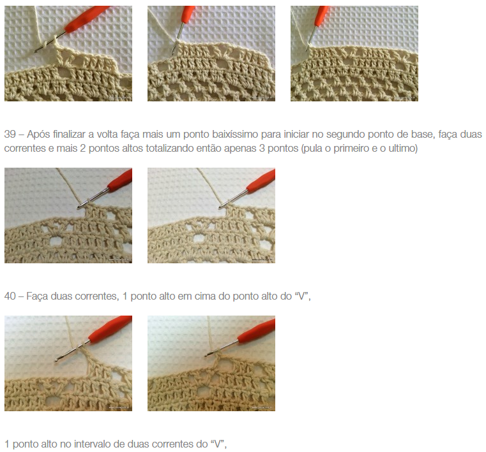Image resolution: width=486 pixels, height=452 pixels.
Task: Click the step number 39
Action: pyautogui.click(x=10, y=135)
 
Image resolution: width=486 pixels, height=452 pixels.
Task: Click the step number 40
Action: pyautogui.click(x=10, y=296)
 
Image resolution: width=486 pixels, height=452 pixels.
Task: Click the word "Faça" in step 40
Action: pyautogui.click(x=37, y=296)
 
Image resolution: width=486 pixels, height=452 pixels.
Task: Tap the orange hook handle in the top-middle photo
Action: pyautogui.click(x=188, y=14)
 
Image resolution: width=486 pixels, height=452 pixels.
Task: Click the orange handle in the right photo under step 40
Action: pyautogui.click(x=257, y=330)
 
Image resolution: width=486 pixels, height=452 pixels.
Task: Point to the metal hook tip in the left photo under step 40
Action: pyautogui.click(x=56, y=360)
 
